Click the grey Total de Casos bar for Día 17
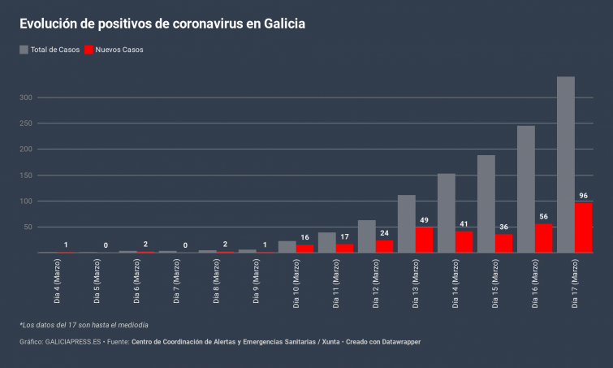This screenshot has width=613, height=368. coord(566,162)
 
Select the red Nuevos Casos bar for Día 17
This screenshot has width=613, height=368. coord(583,227)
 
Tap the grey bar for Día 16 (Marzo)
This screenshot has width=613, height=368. coord(526,188)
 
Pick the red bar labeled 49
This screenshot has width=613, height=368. coord(424,240)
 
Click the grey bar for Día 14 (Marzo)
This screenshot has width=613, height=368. coord(447,213)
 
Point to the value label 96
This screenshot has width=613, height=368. coord(583,196)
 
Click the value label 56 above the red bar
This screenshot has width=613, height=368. coord(543,217)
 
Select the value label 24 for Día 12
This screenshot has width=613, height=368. coord(384,233)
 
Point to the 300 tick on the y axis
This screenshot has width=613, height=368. coord(26,97)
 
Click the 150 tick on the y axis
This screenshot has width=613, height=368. coord(26,175)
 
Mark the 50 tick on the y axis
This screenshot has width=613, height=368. coord(28,227)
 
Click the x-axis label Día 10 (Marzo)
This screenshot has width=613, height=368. coord(296,282)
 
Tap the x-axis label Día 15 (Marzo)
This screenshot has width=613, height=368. coord(495,282)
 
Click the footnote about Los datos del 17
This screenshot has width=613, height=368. coord(84,325)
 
